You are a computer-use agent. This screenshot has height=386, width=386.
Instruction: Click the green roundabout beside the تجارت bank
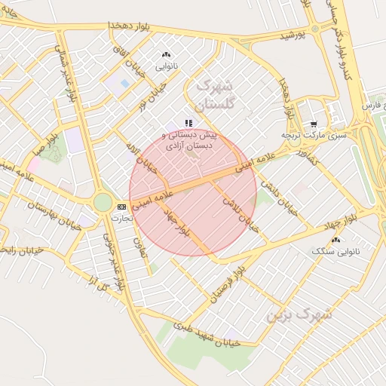click(103, 202)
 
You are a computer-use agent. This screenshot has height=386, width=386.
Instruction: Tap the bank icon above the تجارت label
click(121, 206)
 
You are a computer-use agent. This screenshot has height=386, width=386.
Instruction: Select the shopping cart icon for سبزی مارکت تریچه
click(314, 124)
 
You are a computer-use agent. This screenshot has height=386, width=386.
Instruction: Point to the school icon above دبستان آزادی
click(188, 123)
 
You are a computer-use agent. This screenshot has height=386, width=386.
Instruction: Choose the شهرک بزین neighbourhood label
click(299, 314)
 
